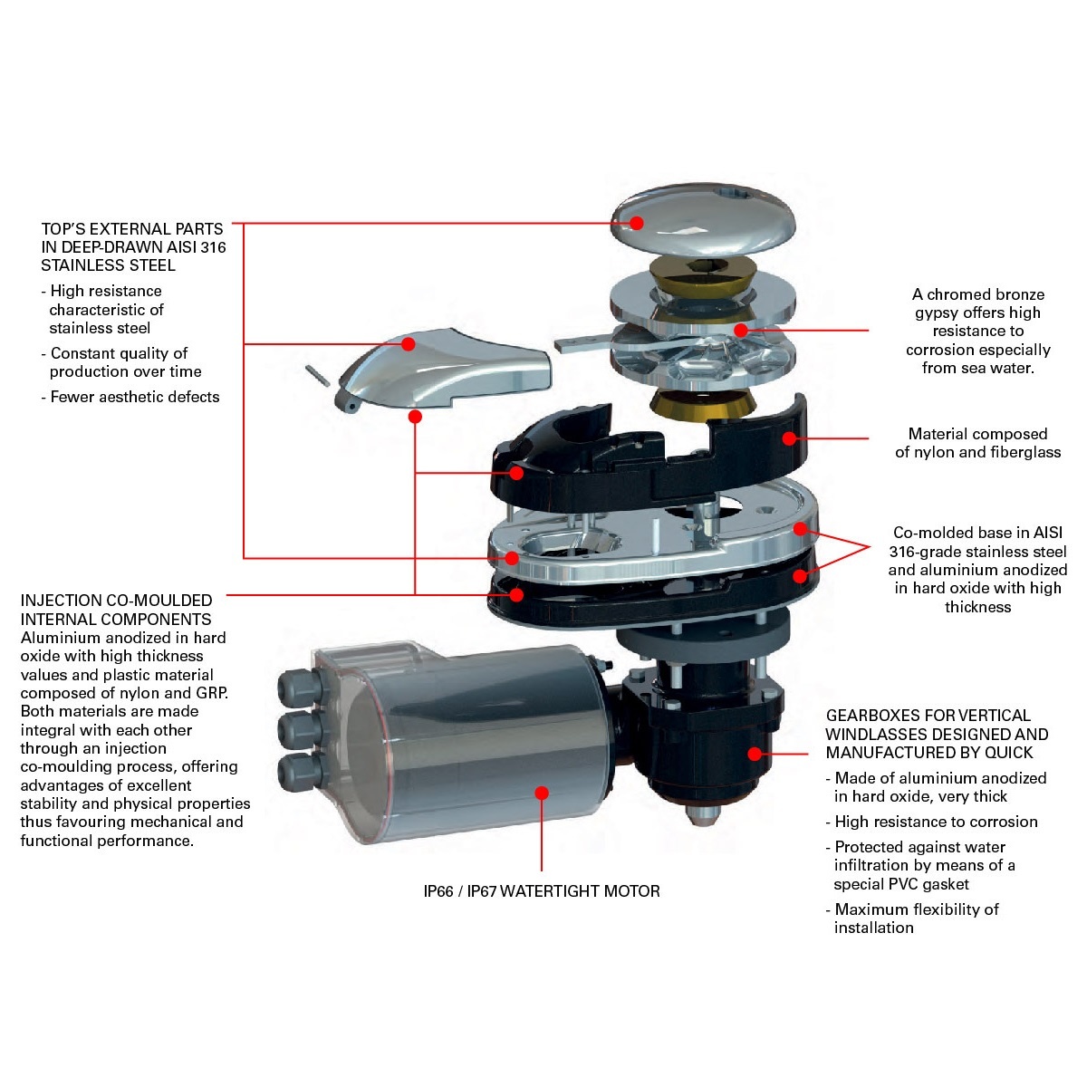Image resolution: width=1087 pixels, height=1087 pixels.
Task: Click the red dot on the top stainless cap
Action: point(636,223)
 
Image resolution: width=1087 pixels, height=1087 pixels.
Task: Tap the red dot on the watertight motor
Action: point(542,794)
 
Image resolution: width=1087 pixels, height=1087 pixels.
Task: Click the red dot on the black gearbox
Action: point(755,754)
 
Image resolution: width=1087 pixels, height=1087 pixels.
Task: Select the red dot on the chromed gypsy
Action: point(741,330)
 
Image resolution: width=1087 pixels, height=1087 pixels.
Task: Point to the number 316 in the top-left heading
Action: point(213,247)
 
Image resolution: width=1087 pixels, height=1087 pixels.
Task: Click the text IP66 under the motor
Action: point(438,891)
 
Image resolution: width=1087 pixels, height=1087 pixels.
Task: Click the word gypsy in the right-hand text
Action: point(933,313)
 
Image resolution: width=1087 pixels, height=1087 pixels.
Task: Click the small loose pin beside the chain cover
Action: point(318,376)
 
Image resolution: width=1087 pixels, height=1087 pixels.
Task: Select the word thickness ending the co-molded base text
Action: point(977,607)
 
